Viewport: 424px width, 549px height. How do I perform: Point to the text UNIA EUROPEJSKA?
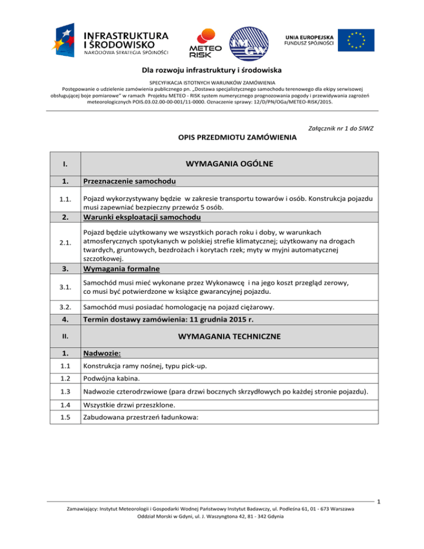click(309, 35)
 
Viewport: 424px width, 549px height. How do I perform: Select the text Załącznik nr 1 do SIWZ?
click(338, 129)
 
